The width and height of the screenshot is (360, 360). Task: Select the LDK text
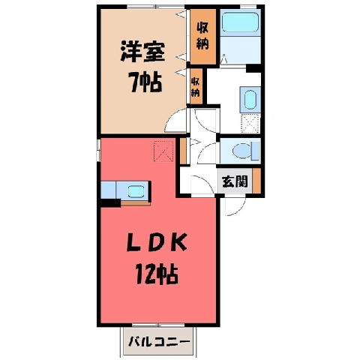pos(157,241)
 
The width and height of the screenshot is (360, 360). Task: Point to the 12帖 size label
pos(157,274)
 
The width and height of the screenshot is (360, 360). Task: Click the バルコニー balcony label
pos(159,341)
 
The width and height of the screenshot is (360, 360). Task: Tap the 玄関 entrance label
pos(235,181)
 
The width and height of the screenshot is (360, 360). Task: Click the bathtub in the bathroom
pos(240,22)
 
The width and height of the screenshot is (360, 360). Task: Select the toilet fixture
pos(246,151)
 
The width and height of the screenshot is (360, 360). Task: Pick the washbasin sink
pos(250,100)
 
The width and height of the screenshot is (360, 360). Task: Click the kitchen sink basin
pos(136,191)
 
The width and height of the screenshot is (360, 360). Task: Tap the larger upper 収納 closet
pos(202,36)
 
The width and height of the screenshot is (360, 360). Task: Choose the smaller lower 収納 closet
pos(196,86)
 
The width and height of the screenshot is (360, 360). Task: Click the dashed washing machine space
pos(250,123)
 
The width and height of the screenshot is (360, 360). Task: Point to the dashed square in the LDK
pos(163,151)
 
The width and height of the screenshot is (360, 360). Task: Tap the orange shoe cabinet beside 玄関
pos(256,181)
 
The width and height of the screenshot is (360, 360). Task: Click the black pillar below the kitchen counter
pos(110,202)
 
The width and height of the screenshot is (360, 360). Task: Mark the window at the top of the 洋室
pos(155,7)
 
